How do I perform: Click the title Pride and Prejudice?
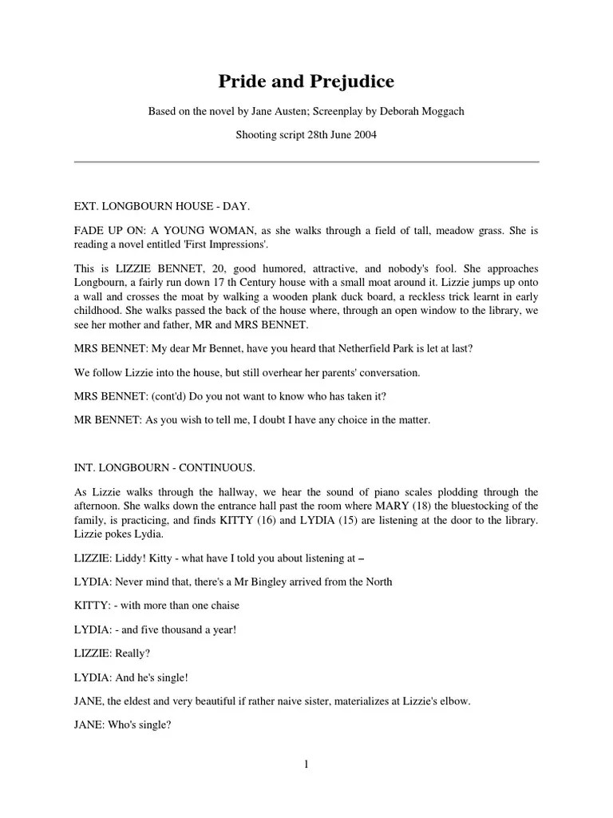click(306, 81)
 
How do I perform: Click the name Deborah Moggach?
click(422, 111)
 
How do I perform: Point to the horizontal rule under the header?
click(306, 162)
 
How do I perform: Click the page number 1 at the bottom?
click(306, 764)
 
